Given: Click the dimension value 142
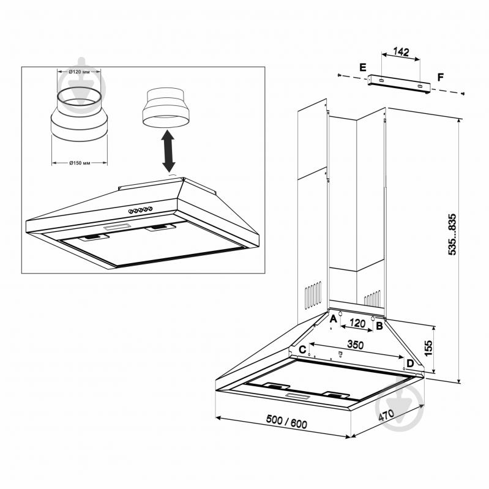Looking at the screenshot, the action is coord(401,51).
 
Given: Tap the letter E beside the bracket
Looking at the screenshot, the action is coord(363,67).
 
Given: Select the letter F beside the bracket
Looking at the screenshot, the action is coord(441,77).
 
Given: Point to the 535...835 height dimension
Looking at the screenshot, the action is coord(452,234).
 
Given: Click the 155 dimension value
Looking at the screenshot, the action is coord(428,348).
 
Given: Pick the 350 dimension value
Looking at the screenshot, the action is coord(356,345).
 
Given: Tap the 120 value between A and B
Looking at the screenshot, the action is coord(357,323).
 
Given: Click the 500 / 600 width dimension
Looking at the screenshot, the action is coord(286,422).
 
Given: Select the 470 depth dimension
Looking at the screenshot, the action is coord(386,415).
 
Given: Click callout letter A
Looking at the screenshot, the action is coord(333,319).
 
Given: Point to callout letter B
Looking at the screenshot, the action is coord(379,326).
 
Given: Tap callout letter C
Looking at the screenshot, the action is coord(302,349).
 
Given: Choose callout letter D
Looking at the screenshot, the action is coord(410,364).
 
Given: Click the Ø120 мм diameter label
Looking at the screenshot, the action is coord(79,72).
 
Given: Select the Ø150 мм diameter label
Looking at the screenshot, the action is coord(80,163).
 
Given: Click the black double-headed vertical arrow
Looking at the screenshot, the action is coord(168,151).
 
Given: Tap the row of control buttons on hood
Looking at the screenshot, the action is coord(141,210).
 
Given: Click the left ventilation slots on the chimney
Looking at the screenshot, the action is coord(313,295).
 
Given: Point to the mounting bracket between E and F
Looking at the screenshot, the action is coord(399,84).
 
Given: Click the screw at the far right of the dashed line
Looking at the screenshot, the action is coord(463,93).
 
